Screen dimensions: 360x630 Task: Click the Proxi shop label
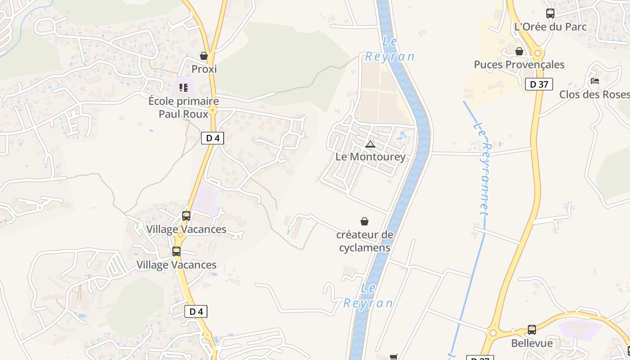coord(204,69)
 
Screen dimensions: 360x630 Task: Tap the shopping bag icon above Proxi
coord(204,56)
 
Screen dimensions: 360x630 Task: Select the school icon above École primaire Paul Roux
coord(183,87)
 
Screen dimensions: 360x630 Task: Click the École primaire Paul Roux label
coord(183,108)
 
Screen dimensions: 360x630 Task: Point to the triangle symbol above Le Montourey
coord(370,144)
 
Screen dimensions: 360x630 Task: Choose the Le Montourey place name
coord(370,157)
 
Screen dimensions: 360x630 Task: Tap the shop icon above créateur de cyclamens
coord(364,221)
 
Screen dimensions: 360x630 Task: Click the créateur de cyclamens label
coord(364,241)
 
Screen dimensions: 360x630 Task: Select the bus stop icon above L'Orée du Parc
coord(550,13)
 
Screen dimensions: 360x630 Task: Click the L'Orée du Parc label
coord(550,27)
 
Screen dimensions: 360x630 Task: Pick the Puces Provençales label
coord(519,64)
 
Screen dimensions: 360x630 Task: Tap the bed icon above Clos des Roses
coord(595,81)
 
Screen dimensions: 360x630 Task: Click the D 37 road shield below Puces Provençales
coord(539,84)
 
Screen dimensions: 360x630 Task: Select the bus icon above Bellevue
coord(532,330)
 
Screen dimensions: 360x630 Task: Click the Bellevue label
coord(532,343)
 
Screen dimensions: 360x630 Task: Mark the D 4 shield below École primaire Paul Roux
coord(212,138)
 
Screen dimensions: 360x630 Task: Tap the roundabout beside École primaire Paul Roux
coord(213,109)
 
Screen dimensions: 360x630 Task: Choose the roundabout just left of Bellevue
coord(492,333)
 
